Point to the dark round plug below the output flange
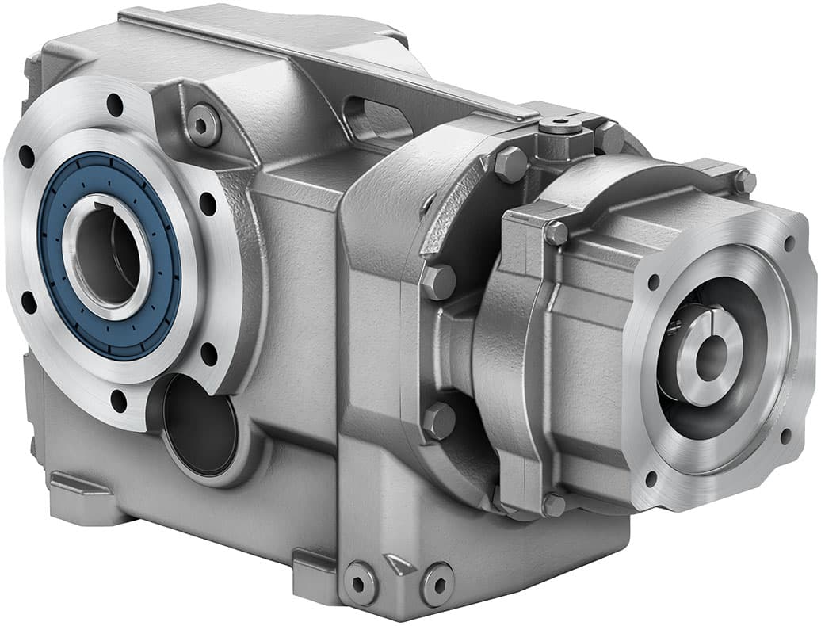tap(199, 424)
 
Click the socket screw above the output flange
tap(203, 124)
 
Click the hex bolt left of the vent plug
tap(510, 164)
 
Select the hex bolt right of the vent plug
tap(609, 136)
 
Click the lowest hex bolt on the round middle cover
tap(438, 420)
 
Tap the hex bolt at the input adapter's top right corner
tap(743, 181)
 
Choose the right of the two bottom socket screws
tap(437, 585)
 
